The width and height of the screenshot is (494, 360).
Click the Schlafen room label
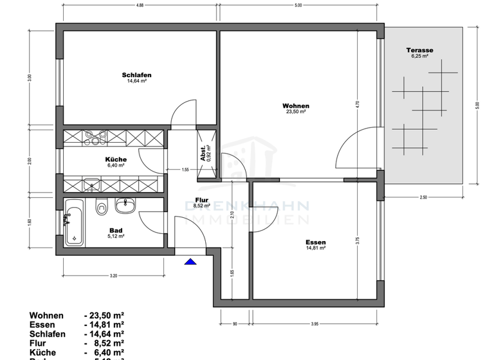click(136, 75)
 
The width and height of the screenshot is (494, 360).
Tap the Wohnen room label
click(296, 106)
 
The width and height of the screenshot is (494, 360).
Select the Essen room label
click(315, 242)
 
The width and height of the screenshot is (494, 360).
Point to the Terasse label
click(419, 50)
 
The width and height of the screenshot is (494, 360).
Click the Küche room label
click(116, 159)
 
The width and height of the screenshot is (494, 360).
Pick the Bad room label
click(116, 230)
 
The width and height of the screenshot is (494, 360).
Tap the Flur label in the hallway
click(203, 200)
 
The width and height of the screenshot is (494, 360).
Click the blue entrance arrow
click(190, 261)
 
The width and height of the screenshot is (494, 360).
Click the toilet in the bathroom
click(100, 208)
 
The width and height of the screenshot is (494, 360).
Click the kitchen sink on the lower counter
click(91, 185)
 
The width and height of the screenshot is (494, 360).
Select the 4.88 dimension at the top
click(139, 6)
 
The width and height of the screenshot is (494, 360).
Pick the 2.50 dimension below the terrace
click(423, 197)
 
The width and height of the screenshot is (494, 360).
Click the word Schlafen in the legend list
click(47, 334)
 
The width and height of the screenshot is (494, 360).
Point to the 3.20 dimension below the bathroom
click(113, 276)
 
